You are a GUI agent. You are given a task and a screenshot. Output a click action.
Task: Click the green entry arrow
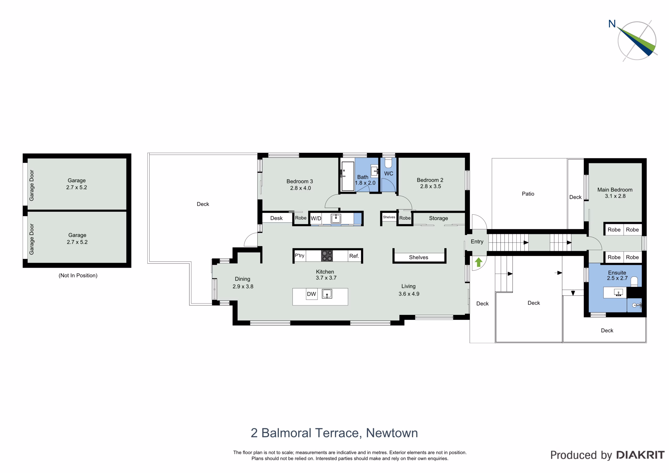[x=478, y=262]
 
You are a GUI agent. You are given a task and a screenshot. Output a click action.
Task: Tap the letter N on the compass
[x=612, y=24]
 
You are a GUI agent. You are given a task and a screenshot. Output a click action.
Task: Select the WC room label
[x=389, y=174]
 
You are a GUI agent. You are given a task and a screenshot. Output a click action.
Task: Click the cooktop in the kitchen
[x=327, y=256]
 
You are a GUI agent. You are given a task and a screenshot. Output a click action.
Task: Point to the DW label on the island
[x=312, y=294]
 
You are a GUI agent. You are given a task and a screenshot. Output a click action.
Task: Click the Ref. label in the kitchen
[x=354, y=256]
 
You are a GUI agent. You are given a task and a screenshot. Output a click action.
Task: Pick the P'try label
[x=299, y=256]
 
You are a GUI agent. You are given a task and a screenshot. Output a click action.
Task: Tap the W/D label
[x=316, y=218]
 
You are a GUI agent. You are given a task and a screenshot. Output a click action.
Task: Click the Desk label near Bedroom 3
[x=276, y=218]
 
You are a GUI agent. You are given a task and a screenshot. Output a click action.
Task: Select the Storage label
[x=438, y=218]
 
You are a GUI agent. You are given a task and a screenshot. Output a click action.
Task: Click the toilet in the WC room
[x=388, y=163]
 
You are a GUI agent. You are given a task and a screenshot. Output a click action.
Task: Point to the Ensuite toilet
[x=634, y=281]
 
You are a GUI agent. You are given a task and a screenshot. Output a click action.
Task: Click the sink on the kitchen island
[x=327, y=294]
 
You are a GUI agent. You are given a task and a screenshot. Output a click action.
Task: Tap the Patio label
[x=528, y=194]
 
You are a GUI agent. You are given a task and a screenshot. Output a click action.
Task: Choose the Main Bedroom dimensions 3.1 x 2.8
[x=615, y=196]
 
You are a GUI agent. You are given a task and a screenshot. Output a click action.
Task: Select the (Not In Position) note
[x=78, y=275]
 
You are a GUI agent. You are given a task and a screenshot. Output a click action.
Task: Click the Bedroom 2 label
[x=430, y=180]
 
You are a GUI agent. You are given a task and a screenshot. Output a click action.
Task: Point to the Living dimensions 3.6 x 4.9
[x=409, y=294]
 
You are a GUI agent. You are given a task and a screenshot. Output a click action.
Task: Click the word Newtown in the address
[x=392, y=433]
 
